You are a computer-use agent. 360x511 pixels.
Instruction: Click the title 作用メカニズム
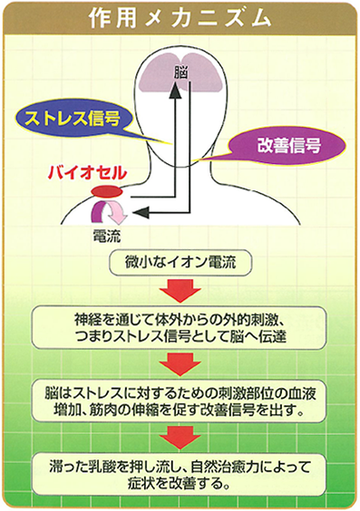pos(180,19)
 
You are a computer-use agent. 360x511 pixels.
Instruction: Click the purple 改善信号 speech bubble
pos(287,143)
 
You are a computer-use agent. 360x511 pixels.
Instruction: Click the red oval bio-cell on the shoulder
pos(104,191)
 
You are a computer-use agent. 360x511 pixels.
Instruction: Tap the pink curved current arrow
pos(112,214)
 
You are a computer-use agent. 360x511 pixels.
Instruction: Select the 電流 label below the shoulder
pos(107,236)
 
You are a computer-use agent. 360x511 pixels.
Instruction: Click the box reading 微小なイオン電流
pos(180,265)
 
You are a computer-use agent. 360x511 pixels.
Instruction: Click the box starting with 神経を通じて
pos(180,328)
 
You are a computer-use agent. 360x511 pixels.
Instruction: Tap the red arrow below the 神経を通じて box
pos(180,365)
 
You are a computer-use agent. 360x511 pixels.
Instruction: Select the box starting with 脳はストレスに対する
pos(180,401)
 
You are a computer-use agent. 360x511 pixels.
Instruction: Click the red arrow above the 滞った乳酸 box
pos(180,438)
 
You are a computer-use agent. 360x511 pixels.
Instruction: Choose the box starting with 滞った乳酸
pos(180,474)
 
